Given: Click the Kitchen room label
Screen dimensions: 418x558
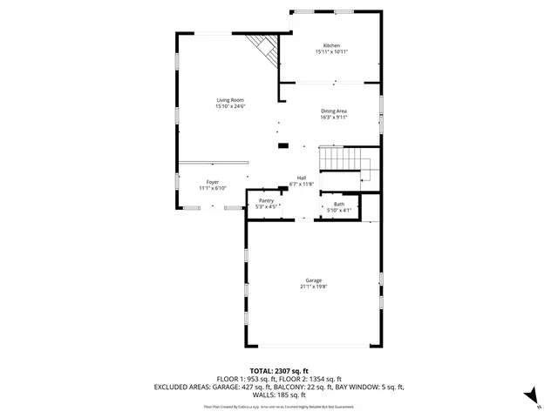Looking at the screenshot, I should [331, 45].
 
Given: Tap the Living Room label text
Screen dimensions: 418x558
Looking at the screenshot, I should [231, 101].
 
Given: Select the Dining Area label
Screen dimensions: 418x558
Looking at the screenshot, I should [334, 111].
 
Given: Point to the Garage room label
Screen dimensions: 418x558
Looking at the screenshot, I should [313, 280].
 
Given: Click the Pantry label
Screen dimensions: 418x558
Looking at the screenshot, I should [266, 200].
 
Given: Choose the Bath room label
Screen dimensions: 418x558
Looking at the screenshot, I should [338, 204].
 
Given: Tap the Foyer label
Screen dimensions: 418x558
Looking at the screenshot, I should [213, 182].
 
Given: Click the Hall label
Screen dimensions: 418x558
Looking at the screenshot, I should [301, 178].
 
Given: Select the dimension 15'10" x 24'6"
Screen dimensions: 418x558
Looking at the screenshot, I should [231, 107].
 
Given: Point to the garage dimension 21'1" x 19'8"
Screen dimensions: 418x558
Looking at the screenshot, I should [313, 287].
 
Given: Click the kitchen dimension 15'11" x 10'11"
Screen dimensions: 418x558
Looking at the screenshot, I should [331, 52].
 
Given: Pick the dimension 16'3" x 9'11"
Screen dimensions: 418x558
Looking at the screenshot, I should [334, 118].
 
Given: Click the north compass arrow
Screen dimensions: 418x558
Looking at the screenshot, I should [529, 396].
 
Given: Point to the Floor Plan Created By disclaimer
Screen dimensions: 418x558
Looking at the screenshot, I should [279, 407].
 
